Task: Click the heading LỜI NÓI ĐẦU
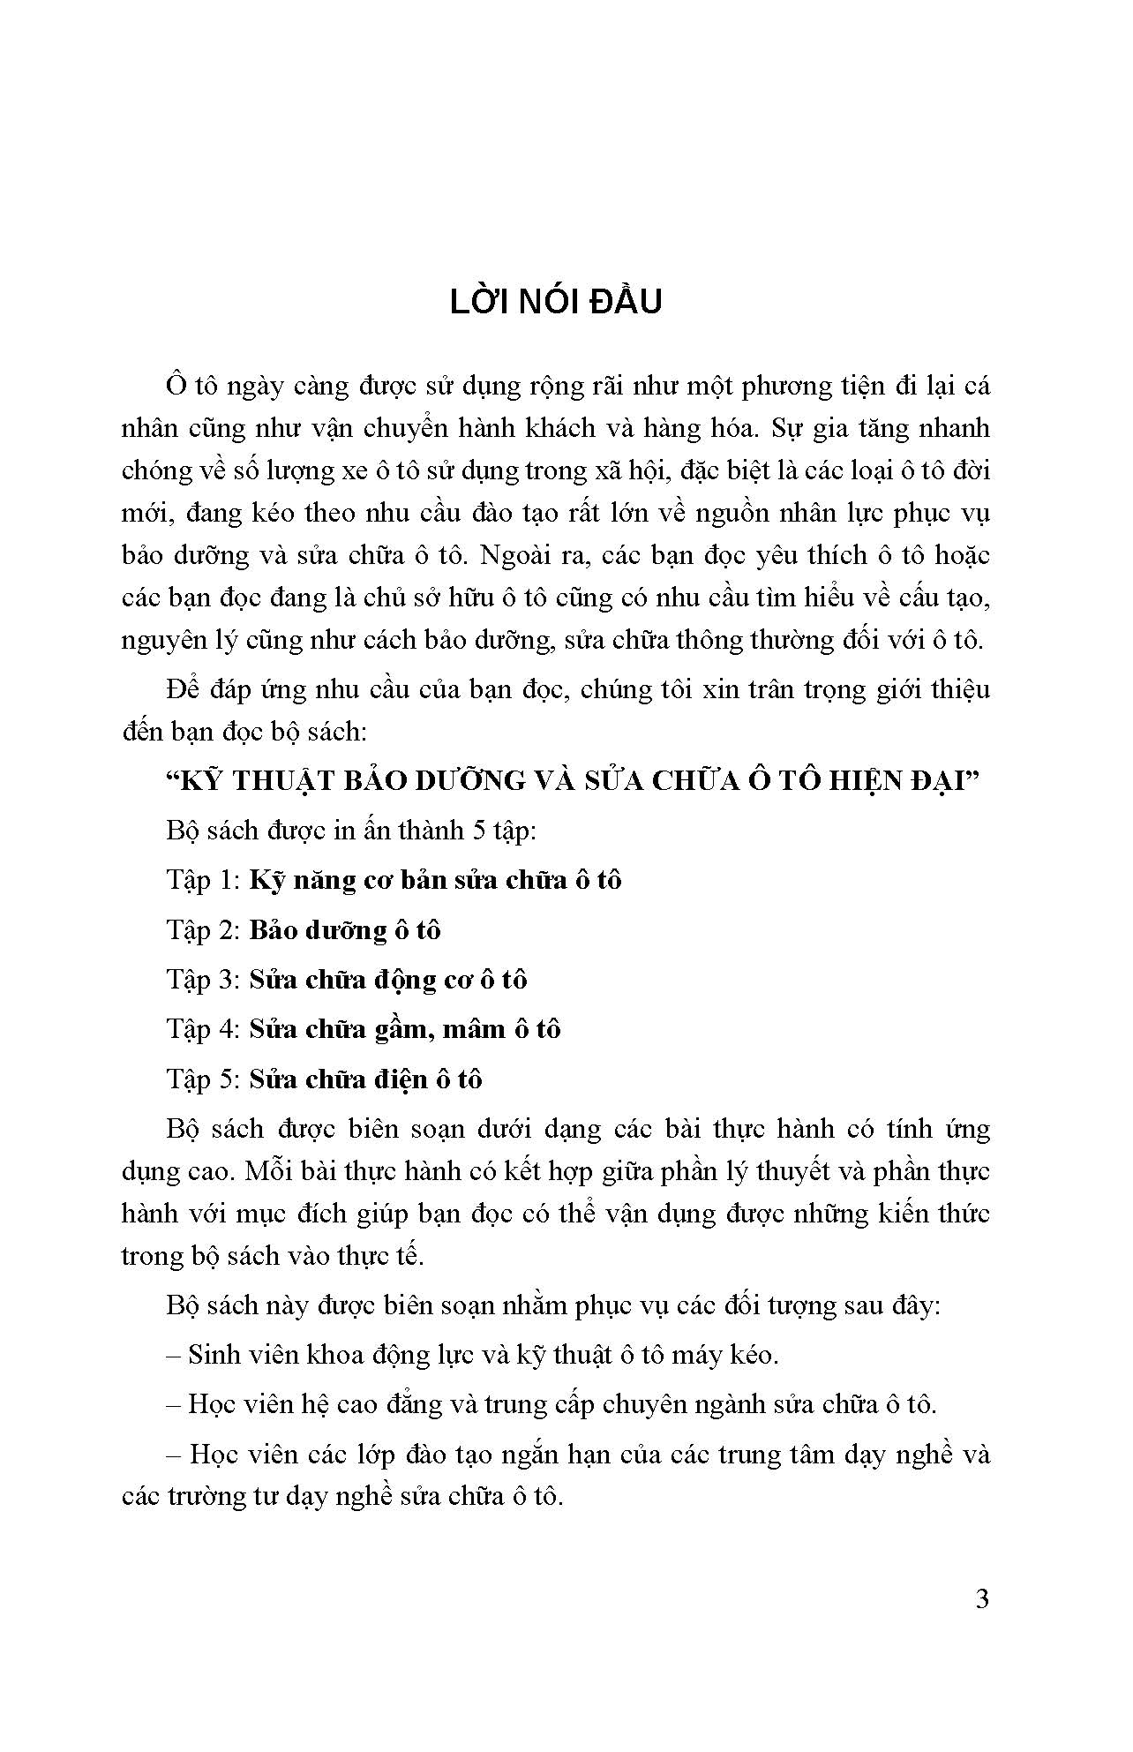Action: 556,302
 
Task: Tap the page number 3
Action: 982,1598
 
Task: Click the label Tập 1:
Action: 203,881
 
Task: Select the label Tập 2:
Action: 203,930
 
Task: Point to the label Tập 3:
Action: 203,980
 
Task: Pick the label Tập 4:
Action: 203,1029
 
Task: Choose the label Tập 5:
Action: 203,1079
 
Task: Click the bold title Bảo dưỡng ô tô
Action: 345,930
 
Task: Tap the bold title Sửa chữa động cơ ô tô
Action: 388,980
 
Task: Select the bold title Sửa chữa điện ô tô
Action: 365,1079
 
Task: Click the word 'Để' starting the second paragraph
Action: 183,688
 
